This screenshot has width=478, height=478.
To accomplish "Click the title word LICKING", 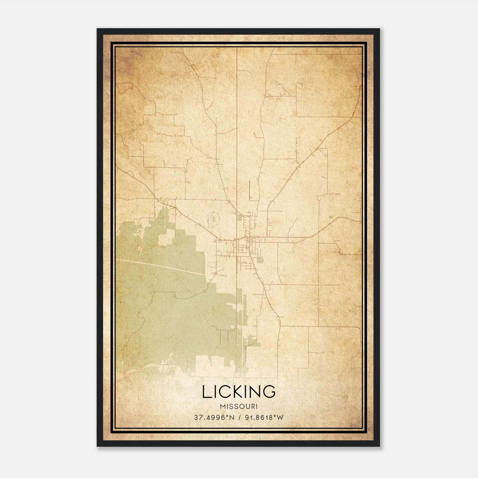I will [239, 392].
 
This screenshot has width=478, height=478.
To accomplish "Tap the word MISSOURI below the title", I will [239, 407].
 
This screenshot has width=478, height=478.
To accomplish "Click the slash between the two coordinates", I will [238, 418].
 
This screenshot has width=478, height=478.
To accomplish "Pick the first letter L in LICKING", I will [207, 392].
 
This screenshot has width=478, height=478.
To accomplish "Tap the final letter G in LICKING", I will [269, 392].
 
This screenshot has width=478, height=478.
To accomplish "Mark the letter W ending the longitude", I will [280, 418].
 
